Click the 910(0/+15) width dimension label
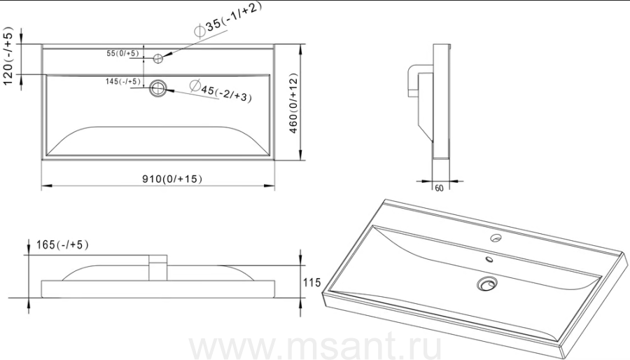172,179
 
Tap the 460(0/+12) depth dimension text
294,103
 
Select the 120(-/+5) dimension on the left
8,56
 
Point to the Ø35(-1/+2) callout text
227,20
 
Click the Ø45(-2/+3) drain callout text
220,91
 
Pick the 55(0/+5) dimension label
122,53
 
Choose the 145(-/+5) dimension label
123,81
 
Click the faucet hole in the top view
158,59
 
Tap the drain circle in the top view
158,88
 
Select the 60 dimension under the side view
439,188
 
